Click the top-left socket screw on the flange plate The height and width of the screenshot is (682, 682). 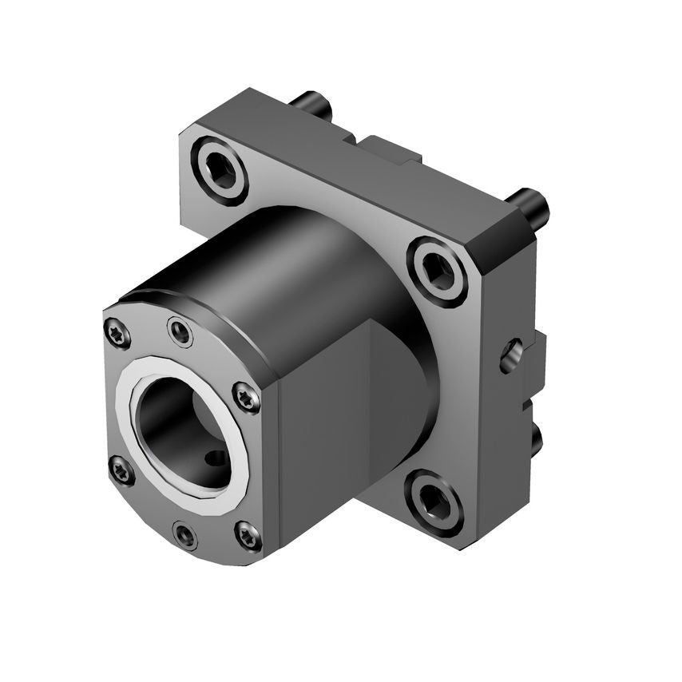click(x=220, y=169)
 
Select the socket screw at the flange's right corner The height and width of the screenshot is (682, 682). click(x=438, y=272)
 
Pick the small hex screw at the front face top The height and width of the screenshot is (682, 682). click(x=181, y=330)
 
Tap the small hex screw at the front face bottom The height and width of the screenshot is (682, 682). click(x=185, y=534)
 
